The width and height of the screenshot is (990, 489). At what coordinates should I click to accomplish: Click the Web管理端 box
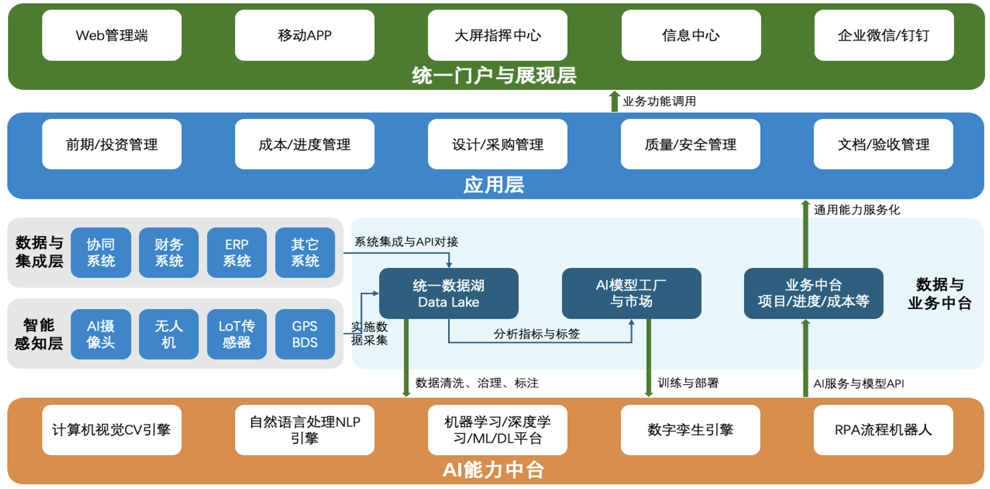[112, 35]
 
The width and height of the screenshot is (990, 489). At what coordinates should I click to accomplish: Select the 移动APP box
[305, 35]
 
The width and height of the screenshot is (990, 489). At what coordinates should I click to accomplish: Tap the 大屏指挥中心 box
[497, 35]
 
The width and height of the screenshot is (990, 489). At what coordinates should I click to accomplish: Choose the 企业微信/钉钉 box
[884, 35]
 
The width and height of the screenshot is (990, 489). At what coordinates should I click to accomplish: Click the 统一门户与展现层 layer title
[494, 76]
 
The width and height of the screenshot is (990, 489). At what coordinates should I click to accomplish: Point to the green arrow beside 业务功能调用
[614, 101]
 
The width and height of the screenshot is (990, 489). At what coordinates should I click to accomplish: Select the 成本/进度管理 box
[305, 144]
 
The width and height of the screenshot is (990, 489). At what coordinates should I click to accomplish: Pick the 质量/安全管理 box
[690, 144]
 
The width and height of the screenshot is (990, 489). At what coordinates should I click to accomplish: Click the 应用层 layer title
[494, 184]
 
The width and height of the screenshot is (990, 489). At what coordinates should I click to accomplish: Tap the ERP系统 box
[237, 252]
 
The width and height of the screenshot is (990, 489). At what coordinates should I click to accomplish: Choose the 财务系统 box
[169, 252]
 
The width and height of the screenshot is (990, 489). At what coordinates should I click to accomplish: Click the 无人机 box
[169, 334]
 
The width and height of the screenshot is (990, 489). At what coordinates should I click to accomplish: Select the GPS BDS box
[305, 334]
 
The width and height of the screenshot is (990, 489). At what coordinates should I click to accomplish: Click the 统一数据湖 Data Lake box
[449, 293]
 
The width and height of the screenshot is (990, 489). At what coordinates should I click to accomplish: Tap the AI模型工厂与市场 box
[631, 293]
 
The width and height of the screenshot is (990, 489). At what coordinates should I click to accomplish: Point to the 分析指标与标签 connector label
[537, 334]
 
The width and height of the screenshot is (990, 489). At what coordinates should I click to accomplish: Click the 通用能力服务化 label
[857, 210]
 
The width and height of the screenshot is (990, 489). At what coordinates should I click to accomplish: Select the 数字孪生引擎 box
[690, 429]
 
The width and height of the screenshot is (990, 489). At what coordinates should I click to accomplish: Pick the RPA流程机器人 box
[883, 429]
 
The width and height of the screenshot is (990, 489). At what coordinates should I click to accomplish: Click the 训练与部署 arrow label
[688, 383]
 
